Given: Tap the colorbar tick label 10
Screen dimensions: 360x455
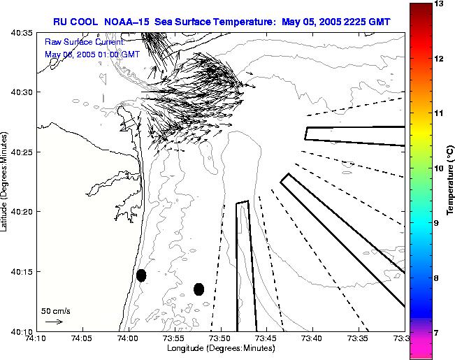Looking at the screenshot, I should coord(438,168).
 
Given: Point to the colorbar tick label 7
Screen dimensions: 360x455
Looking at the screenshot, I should coord(436,333).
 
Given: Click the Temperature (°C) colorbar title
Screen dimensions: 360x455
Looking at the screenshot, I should coord(451,180).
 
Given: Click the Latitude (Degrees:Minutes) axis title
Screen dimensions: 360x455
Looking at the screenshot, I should coord(5,180).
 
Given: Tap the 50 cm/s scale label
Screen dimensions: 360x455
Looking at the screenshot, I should coord(56,310).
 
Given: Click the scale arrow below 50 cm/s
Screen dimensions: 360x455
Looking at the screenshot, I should coord(54,322).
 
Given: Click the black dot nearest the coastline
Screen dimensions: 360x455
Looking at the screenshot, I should coord(141,275).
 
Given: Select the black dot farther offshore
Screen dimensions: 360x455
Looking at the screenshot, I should coord(198,289).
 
